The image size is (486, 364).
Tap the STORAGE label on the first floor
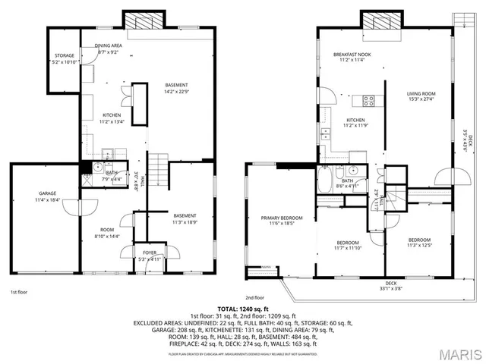click(x=64, y=56)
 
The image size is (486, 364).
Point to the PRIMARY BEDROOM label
click(x=277, y=218)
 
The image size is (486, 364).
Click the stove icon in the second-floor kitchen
click(x=370, y=101)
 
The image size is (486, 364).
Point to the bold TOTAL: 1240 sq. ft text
click(x=243, y=309)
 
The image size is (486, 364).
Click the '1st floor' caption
click(x=20, y=291)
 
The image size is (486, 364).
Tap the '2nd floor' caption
click(x=254, y=297)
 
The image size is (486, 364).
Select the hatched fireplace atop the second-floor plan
click(x=380, y=20)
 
